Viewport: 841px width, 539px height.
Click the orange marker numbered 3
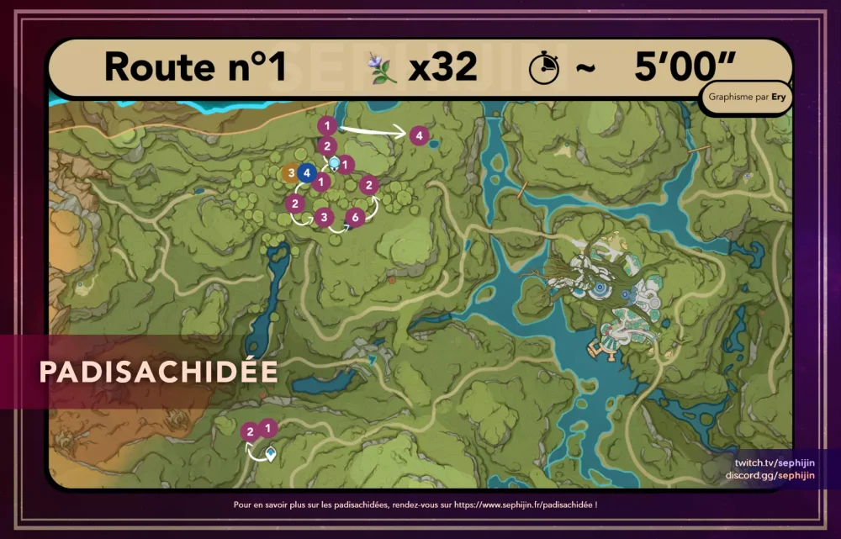point(291,174)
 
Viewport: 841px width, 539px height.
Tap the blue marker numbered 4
point(307,174)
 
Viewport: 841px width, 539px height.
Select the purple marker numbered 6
point(355,218)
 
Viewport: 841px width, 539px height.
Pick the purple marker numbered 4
point(418,135)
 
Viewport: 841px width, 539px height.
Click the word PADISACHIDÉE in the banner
point(158,372)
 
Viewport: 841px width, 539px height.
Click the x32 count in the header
point(443,67)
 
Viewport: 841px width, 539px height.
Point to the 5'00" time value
point(685,67)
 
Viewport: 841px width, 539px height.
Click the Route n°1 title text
point(196,67)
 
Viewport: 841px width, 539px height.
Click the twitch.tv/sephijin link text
point(774,463)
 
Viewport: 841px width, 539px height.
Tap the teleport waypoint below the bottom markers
point(271,453)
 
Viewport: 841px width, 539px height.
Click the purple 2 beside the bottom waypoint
point(249,432)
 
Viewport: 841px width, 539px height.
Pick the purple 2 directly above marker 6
point(368,184)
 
